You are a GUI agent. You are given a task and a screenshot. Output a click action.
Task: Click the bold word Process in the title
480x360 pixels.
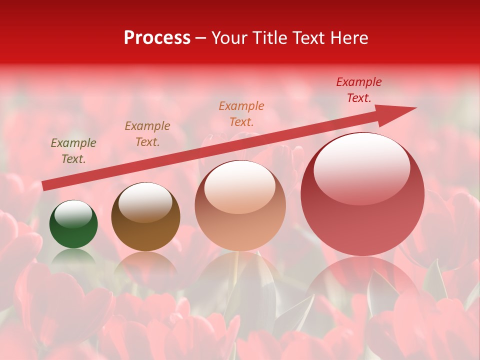tap(157, 38)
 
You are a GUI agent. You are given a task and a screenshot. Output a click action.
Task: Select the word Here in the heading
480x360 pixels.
tap(348, 38)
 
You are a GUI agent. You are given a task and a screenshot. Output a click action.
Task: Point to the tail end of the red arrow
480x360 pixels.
tap(45, 185)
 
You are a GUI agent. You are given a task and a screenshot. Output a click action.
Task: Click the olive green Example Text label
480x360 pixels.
tap(73, 151)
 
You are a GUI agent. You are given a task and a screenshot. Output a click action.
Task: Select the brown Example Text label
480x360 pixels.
tap(147, 134)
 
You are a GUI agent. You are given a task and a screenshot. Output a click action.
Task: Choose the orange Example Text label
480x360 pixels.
tap(241, 113)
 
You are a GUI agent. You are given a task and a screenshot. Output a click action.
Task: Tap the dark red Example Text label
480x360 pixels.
tap(359, 90)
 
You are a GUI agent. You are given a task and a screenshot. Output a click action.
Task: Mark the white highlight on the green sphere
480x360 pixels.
tap(73, 214)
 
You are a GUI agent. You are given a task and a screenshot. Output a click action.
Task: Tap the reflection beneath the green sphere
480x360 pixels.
tap(73, 256)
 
